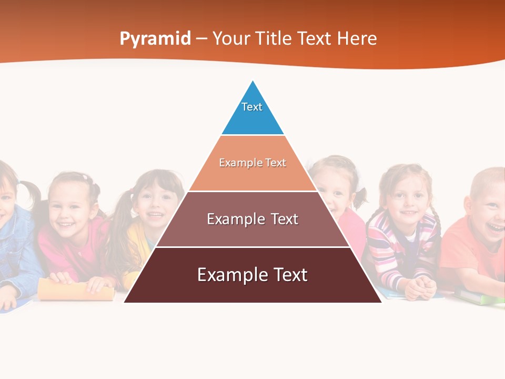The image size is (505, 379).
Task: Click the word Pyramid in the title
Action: pyautogui.click(x=155, y=38)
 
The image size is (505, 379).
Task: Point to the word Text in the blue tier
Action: pyautogui.click(x=252, y=107)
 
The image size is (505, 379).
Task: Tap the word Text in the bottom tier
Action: pyautogui.click(x=287, y=275)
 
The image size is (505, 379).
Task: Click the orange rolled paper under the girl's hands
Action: pyautogui.click(x=76, y=290)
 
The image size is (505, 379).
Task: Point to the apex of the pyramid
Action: pyautogui.click(x=253, y=82)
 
